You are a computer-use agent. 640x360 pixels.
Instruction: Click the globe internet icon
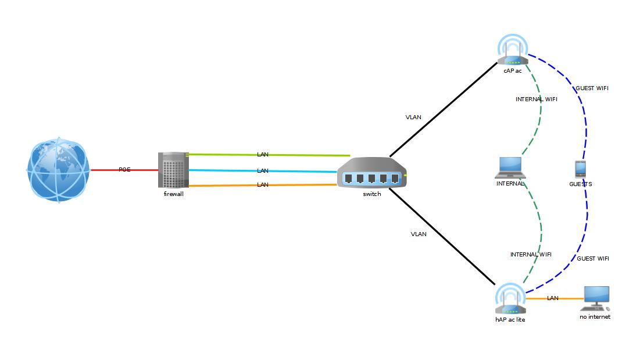[58, 170]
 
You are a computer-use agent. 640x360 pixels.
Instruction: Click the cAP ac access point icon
[512, 51]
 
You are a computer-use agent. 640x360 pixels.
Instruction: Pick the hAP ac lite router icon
[510, 300]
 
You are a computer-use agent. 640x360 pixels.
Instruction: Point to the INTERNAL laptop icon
[510, 168]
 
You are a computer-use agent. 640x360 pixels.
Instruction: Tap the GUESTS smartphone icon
[580, 169]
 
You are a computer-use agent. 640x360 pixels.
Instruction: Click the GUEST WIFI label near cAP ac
[592, 88]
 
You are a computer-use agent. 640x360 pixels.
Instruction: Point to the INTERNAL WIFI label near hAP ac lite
[531, 255]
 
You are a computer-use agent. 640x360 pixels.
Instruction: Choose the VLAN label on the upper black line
[413, 117]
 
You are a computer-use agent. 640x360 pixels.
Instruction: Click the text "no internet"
[595, 317]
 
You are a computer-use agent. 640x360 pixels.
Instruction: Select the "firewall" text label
[173, 194]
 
